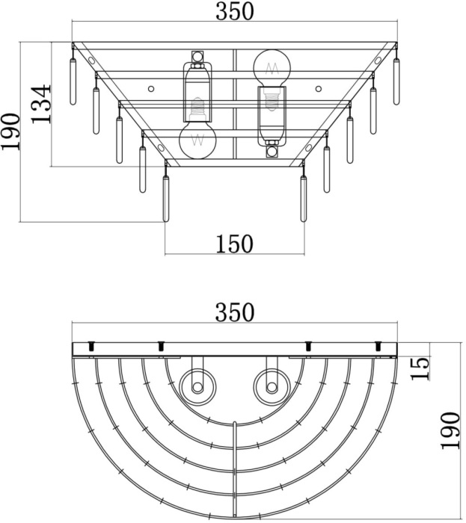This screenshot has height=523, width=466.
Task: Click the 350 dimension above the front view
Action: (235, 12)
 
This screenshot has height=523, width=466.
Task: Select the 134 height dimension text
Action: (41, 103)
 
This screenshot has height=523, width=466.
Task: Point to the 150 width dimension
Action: (234, 244)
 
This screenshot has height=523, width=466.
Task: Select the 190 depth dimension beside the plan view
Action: (449, 430)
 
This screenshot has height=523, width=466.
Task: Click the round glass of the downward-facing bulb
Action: (198, 140)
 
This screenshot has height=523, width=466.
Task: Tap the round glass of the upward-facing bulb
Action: (272, 68)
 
